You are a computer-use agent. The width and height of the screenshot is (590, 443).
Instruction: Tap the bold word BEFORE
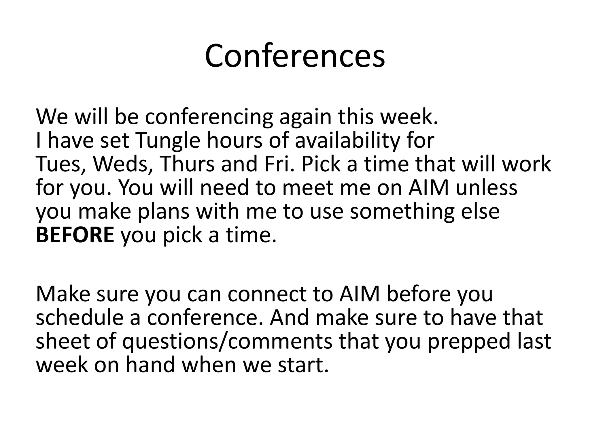tap(75, 235)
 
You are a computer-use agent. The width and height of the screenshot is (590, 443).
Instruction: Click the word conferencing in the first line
tap(209, 117)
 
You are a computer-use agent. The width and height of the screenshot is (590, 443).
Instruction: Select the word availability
tap(347, 141)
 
